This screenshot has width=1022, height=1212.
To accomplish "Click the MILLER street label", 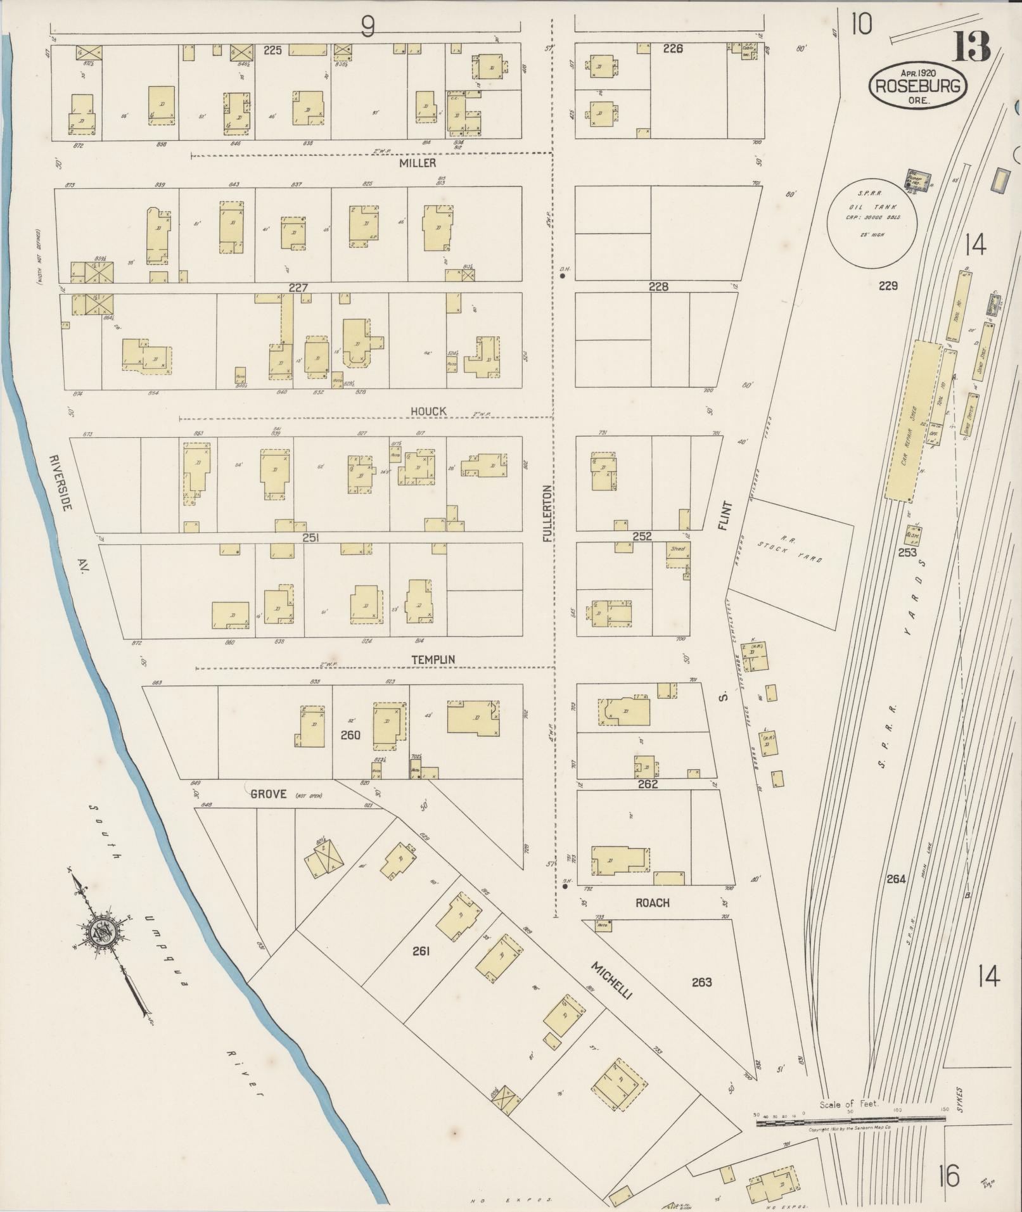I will click(418, 163).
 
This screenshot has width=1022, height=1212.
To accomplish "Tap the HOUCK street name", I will click(428, 411).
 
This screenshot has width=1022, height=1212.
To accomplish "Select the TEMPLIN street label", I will click(433, 660).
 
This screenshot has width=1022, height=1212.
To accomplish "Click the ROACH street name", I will click(652, 903).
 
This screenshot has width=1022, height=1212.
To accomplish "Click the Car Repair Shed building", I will click(913, 421).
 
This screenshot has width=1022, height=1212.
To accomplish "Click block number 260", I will click(350, 735).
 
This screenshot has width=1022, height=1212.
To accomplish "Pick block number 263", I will click(701, 982).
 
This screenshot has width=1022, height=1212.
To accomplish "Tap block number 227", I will click(298, 288).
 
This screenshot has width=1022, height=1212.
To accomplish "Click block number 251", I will click(310, 538).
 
